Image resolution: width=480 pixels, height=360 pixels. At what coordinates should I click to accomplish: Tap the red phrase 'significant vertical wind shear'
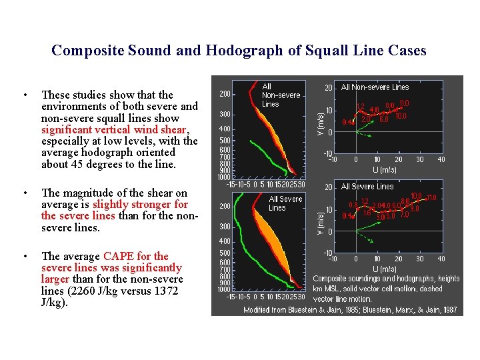115,129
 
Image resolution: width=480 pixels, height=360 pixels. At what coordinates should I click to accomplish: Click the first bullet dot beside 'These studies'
24,95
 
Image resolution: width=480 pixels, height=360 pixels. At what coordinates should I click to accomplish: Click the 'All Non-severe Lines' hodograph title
375,87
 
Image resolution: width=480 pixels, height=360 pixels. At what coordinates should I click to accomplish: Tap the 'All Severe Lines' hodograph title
367,187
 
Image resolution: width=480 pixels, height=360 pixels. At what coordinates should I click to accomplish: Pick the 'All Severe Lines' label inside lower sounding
286,203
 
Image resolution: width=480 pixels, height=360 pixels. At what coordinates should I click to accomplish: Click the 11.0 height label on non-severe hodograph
404,103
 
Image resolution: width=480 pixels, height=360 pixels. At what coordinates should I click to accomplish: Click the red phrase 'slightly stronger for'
140,205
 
